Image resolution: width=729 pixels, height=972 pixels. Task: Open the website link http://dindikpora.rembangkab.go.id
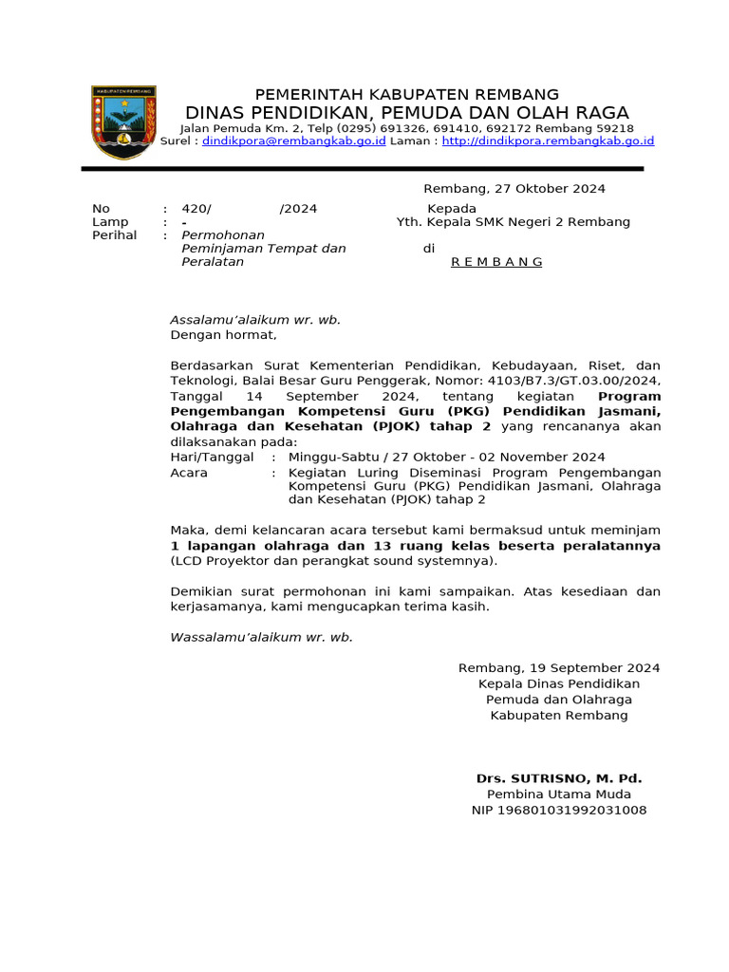pyautogui.click(x=548, y=140)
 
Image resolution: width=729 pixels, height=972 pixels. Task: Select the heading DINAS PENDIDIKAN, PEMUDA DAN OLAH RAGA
pyautogui.click(x=406, y=113)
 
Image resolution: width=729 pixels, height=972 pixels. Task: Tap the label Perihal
pyautogui.click(x=114, y=234)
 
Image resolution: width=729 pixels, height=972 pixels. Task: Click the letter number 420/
pyautogui.click(x=196, y=209)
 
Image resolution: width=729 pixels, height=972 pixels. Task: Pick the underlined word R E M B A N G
pyautogui.click(x=496, y=262)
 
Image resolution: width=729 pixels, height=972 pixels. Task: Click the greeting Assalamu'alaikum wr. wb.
pyautogui.click(x=255, y=320)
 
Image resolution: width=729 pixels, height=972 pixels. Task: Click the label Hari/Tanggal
pyautogui.click(x=212, y=457)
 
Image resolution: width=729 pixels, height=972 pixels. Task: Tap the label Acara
pyautogui.click(x=189, y=472)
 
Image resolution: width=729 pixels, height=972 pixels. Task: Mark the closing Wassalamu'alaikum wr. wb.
pyautogui.click(x=261, y=637)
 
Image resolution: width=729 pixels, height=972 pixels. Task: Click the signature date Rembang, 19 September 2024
pyautogui.click(x=559, y=668)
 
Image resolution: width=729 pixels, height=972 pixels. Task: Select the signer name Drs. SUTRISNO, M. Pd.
pyautogui.click(x=559, y=778)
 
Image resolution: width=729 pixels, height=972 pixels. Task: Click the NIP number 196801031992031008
pyautogui.click(x=559, y=810)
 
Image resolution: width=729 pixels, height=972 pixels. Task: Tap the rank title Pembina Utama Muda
pyautogui.click(x=559, y=794)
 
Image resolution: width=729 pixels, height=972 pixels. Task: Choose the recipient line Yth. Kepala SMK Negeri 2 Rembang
pyautogui.click(x=513, y=222)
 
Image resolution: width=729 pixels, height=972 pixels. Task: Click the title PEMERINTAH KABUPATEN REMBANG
pyautogui.click(x=406, y=94)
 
